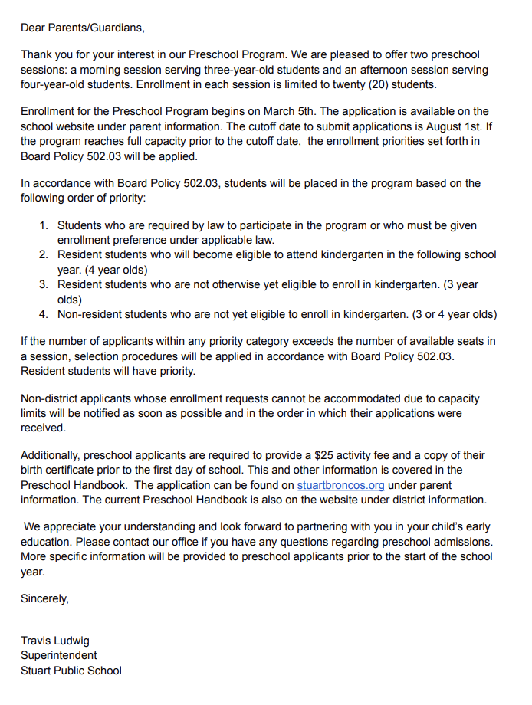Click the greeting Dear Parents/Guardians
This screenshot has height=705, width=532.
(82, 28)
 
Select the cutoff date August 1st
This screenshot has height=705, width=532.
(467, 126)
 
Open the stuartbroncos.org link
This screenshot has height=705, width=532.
(341, 485)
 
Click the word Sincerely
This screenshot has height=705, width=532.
(44, 599)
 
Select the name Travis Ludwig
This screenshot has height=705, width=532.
(55, 641)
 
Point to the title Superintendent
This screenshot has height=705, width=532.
(59, 656)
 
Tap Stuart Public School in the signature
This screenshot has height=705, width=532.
(71, 671)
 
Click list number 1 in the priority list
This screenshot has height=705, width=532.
(44, 225)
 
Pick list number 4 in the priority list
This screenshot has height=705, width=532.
(44, 314)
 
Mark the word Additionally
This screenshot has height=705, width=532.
(50, 456)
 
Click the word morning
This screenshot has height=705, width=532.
(99, 70)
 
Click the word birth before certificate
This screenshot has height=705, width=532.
(34, 471)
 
